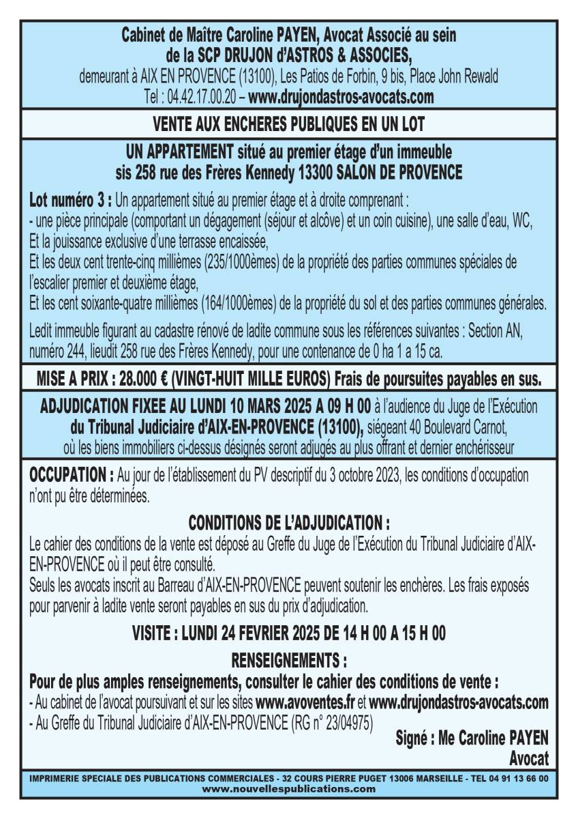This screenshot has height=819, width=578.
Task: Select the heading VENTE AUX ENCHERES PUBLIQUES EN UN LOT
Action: [289, 125]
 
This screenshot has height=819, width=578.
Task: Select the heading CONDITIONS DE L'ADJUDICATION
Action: [288, 523]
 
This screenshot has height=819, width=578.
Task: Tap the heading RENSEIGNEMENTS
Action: [288, 661]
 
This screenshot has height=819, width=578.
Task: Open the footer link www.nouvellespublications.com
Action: [289, 788]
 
